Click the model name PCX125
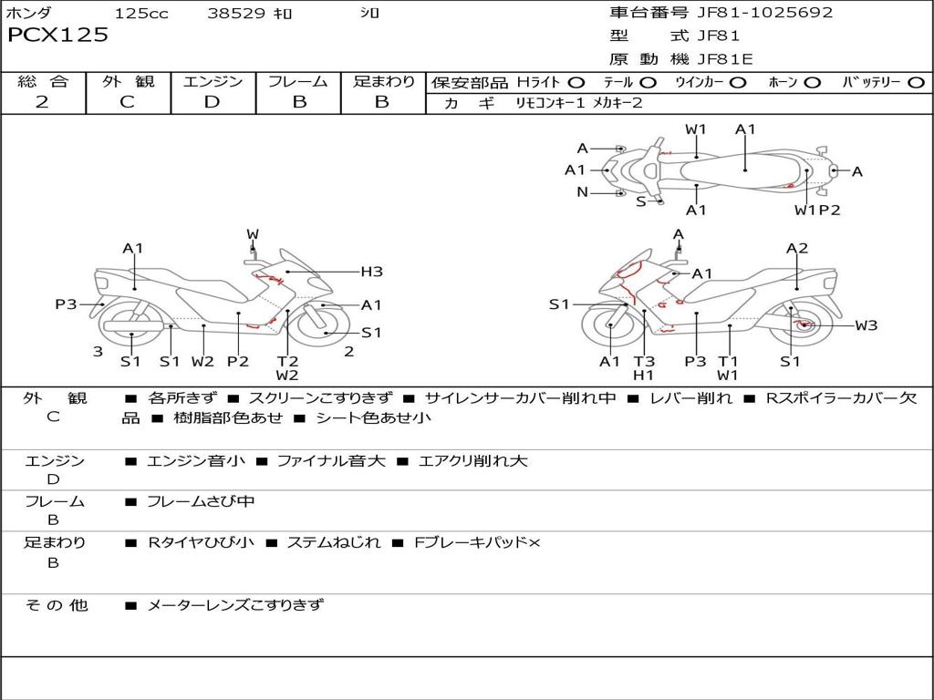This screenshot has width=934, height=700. tap(57, 36)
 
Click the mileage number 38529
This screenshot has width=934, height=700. tap(236, 14)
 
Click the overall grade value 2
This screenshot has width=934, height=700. tap(42, 102)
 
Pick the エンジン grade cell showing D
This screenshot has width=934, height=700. tap(213, 102)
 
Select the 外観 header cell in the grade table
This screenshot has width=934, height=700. tap(128, 81)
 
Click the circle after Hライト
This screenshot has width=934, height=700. tap(576, 82)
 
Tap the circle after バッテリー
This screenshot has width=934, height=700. tap(917, 82)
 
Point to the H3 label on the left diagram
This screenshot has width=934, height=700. tap(371, 271)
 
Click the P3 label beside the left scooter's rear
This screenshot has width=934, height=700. tap(66, 304)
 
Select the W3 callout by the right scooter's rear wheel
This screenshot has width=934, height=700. tap(866, 324)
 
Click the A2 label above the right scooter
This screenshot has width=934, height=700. tap(797, 248)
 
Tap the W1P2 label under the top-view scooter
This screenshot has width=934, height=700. tap(816, 210)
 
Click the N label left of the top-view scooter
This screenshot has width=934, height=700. tap(582, 192)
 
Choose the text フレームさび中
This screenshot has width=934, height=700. tap(201, 501)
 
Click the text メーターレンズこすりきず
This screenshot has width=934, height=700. tap(235, 604)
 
